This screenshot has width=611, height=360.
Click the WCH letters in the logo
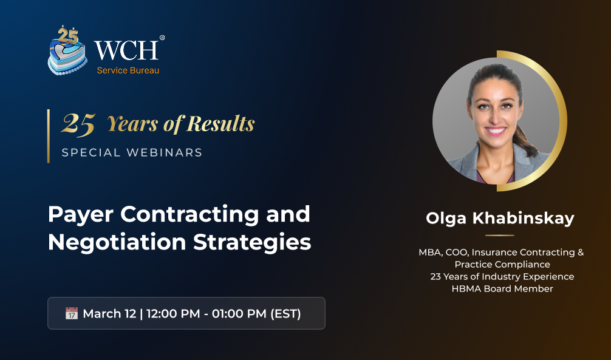pos(126,50)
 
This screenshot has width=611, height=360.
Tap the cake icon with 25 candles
pos(67,50)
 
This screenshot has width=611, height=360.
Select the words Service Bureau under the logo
pos(128,70)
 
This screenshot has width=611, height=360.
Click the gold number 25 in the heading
pos(78,124)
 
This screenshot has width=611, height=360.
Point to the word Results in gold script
pos(220,123)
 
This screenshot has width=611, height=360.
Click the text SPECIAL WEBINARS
pos(132,152)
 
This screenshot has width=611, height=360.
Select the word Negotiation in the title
pos(117,242)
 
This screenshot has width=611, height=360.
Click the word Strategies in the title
pos(252,243)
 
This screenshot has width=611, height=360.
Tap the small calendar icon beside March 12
pos(71,313)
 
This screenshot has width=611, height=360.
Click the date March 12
pos(109,314)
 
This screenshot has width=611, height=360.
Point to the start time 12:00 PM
pos(173,314)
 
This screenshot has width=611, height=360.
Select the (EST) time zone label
pos(285,314)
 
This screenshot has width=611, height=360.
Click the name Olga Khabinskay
pos(500,218)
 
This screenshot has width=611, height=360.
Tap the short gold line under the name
pos(500,236)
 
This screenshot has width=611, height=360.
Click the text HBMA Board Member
pos(502,289)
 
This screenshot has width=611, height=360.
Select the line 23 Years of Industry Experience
pos(502,277)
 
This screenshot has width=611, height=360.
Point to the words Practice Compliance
pos(502,265)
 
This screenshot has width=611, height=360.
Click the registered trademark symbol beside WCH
pos(162,38)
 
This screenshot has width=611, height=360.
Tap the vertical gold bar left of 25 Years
pos(49,136)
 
